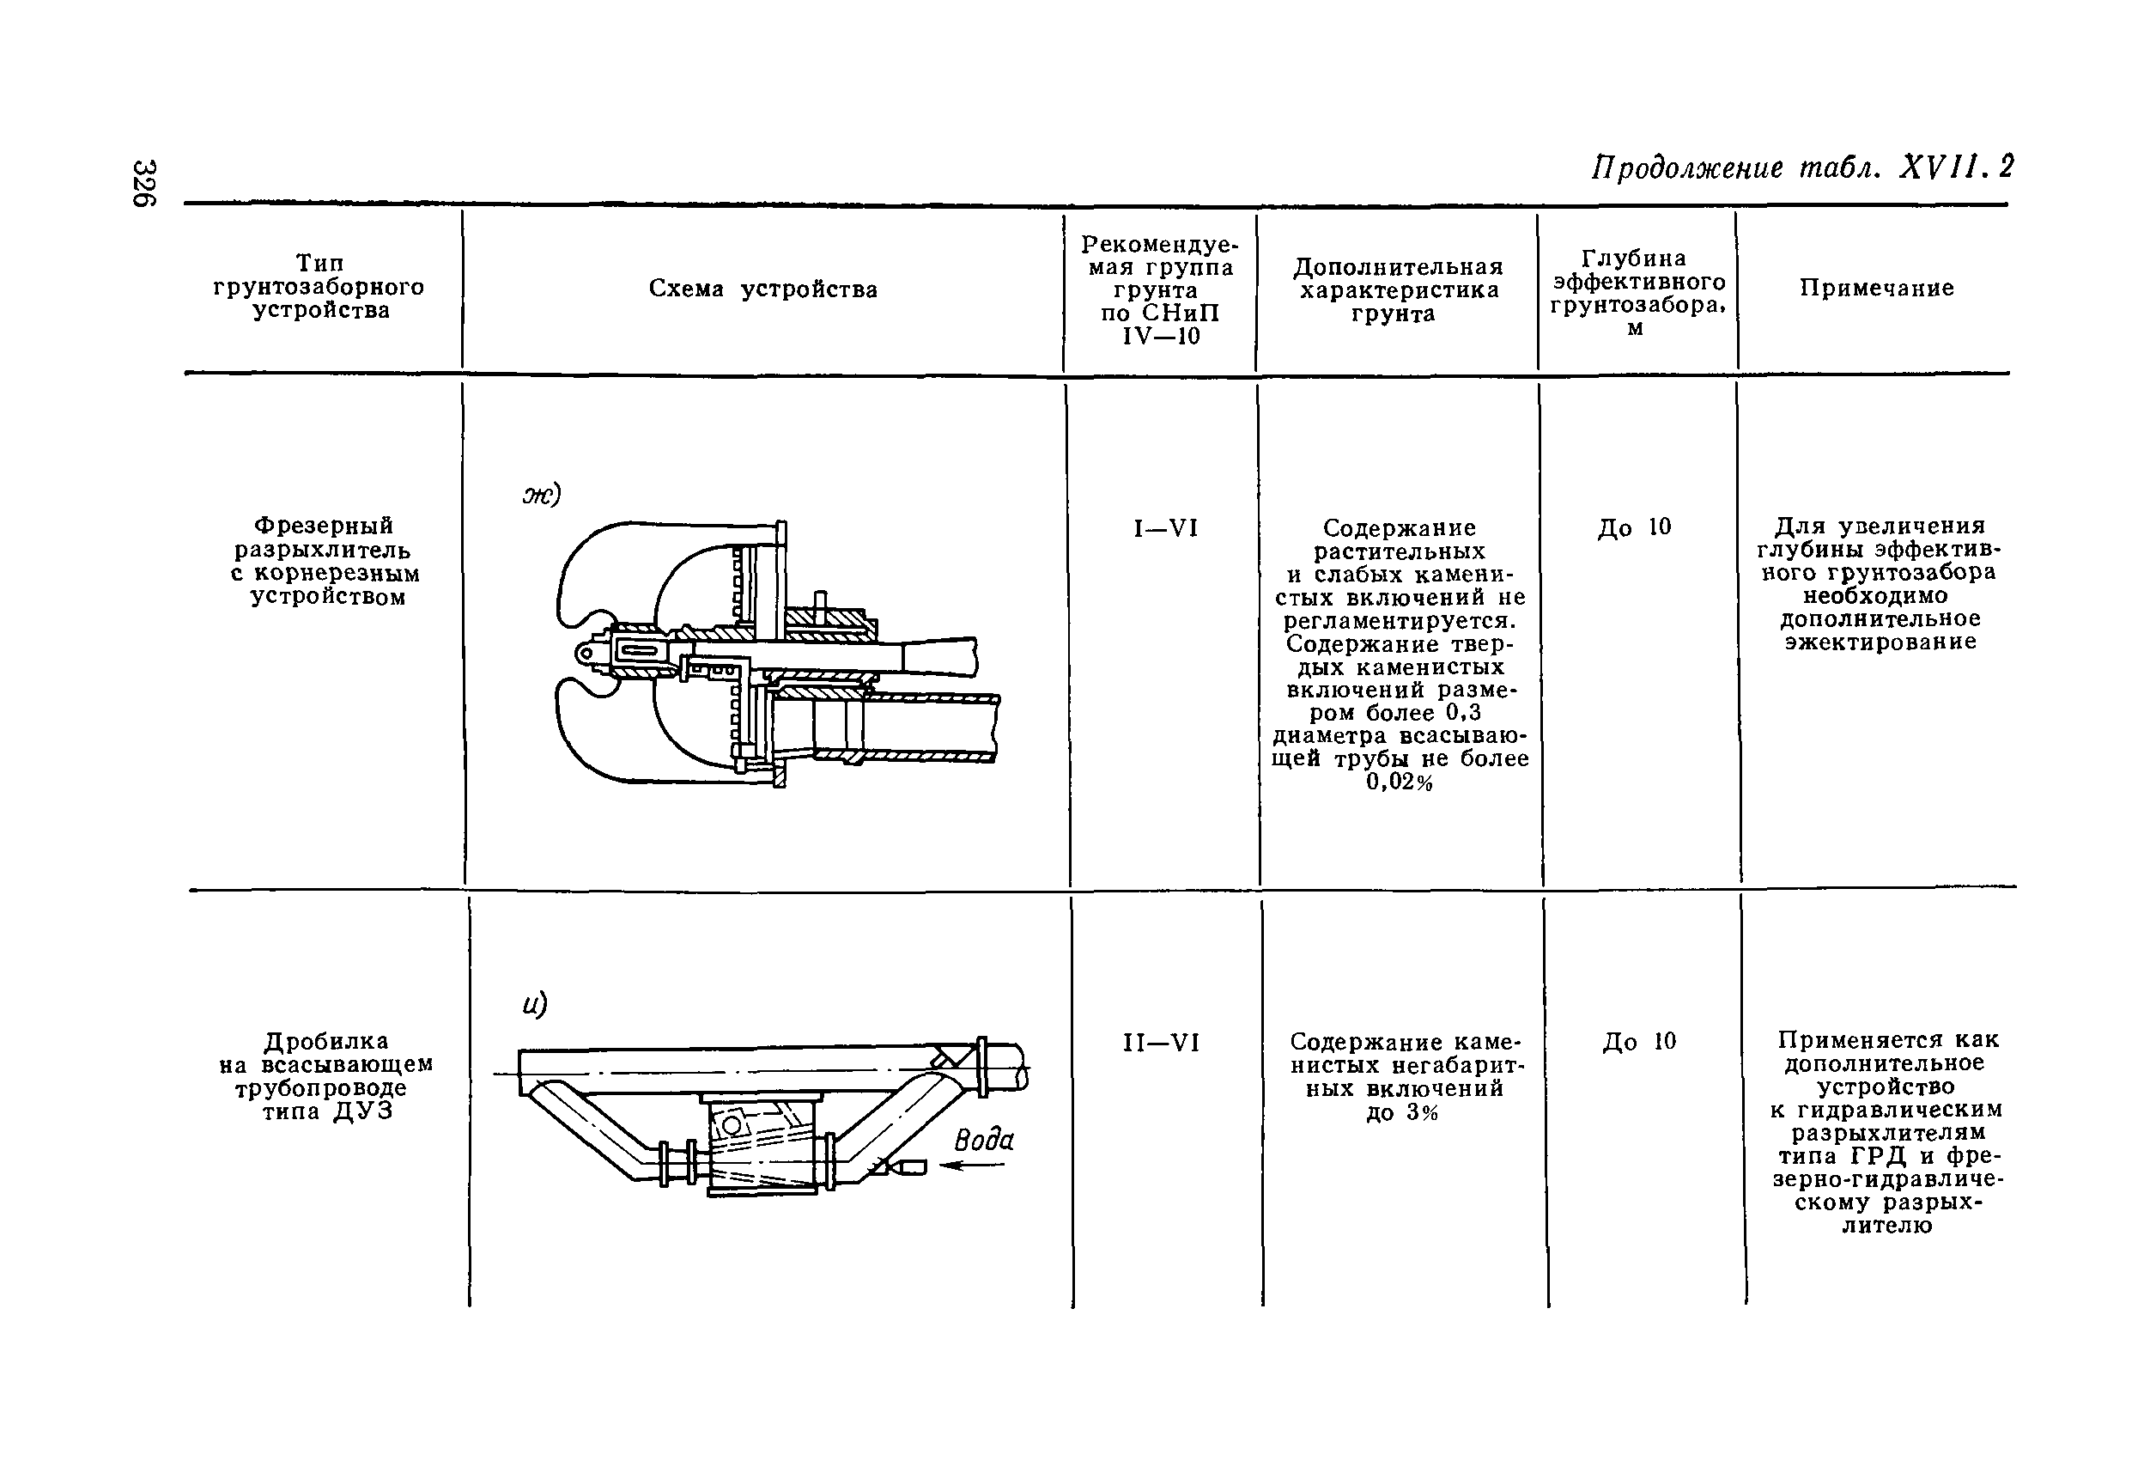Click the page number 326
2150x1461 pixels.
144,183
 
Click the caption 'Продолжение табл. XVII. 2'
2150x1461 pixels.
1801,167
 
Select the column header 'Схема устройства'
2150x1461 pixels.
762,289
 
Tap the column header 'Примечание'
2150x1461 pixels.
1876,288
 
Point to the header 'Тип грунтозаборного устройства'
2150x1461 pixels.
319,287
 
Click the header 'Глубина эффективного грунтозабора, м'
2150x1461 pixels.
1637,292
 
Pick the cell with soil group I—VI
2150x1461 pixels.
1166,528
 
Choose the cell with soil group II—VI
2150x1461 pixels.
1162,1043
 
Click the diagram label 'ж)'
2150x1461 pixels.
542,495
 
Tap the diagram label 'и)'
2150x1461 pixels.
535,1004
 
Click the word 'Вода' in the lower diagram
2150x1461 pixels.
983,1140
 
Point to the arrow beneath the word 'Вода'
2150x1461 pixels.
971,1166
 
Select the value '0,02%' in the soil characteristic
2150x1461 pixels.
1399,782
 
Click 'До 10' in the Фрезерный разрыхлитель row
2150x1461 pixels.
1635,527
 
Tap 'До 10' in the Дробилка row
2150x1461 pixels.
1639,1042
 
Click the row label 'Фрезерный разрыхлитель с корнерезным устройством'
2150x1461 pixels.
325,561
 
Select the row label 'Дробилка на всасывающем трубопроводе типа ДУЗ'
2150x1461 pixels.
326,1076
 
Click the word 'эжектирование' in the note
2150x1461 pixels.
1880,642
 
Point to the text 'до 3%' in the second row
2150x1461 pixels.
1401,1113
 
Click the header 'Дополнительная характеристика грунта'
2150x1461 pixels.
1398,289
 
